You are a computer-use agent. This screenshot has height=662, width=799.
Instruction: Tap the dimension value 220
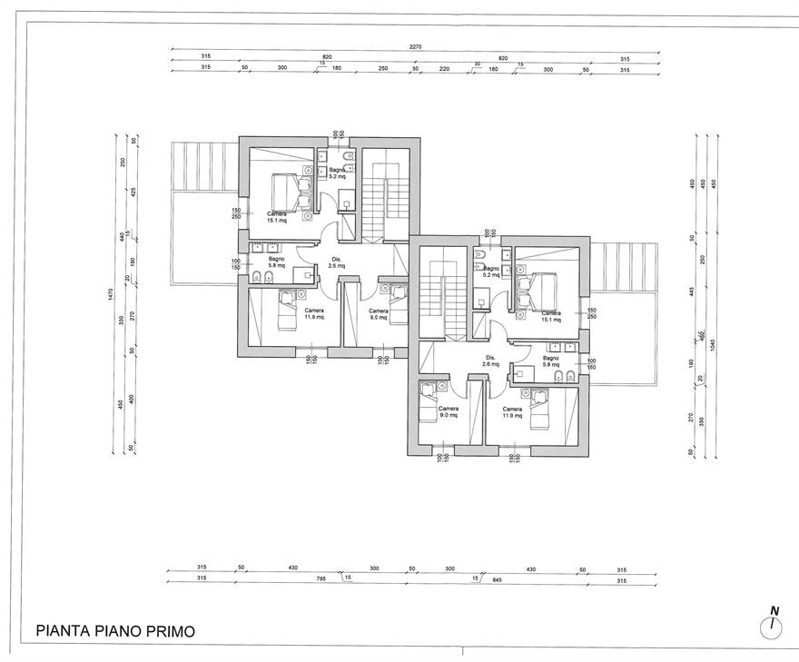point(445,68)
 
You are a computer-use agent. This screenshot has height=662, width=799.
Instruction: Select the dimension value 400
point(133,399)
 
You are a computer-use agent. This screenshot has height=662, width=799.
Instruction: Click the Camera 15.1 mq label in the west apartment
point(277,217)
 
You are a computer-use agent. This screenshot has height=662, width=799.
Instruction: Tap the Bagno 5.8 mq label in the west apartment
point(276,262)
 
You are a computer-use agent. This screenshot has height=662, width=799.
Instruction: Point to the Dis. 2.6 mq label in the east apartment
point(490,361)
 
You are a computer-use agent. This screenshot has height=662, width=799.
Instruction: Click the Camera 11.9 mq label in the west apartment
point(314,314)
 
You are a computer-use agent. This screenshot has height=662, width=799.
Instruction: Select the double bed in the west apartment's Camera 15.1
point(289,192)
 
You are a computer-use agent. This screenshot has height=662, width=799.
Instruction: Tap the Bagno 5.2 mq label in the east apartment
point(490,272)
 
